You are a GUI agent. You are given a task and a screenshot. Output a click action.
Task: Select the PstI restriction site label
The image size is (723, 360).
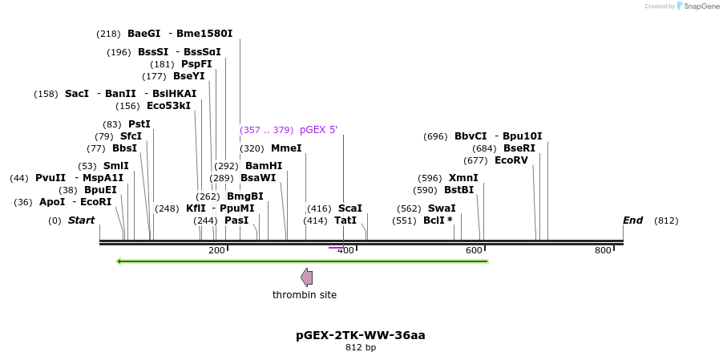point(139,124)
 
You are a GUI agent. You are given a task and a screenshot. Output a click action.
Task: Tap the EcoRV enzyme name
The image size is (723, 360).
point(511,160)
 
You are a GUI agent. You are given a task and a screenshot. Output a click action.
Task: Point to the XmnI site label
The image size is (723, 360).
point(463,178)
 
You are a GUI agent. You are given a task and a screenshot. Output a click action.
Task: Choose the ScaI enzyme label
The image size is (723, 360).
point(350,208)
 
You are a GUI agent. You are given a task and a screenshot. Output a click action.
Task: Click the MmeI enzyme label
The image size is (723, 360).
point(286,148)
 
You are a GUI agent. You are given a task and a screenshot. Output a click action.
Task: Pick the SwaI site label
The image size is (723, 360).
point(442,208)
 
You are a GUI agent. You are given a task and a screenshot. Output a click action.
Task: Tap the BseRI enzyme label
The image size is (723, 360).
point(519,148)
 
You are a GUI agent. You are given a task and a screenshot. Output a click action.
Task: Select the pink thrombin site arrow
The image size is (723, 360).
point(306,277)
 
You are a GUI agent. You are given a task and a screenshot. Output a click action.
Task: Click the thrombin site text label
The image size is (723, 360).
point(305,295)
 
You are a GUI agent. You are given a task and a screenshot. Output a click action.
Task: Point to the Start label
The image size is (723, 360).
point(81,220)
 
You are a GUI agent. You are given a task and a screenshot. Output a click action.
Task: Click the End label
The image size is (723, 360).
point(632,220)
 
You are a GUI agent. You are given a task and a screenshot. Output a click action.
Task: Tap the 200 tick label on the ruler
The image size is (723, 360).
point(216,251)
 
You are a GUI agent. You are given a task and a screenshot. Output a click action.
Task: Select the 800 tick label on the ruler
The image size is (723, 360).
point(603,251)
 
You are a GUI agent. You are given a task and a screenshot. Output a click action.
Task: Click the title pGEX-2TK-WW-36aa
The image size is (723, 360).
point(361,335)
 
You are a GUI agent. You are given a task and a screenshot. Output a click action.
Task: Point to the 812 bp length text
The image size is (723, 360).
point(361,348)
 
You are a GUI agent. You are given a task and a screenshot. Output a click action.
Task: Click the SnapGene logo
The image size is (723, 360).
point(694,6)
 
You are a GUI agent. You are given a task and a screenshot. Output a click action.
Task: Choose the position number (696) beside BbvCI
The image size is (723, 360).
point(435,136)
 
